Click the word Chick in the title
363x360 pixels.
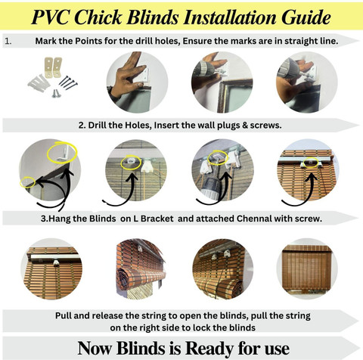point(98,17)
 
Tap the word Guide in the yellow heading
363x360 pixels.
point(306,17)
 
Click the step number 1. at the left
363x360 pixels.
point(8,41)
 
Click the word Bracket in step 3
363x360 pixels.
point(157,219)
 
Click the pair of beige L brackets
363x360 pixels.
point(53,67)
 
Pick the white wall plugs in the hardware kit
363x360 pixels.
point(39,82)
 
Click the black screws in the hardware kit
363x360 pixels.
point(68,82)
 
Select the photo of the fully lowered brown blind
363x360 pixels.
point(307,268)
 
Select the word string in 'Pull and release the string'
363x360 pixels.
point(150,315)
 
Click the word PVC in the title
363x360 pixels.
point(51,17)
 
